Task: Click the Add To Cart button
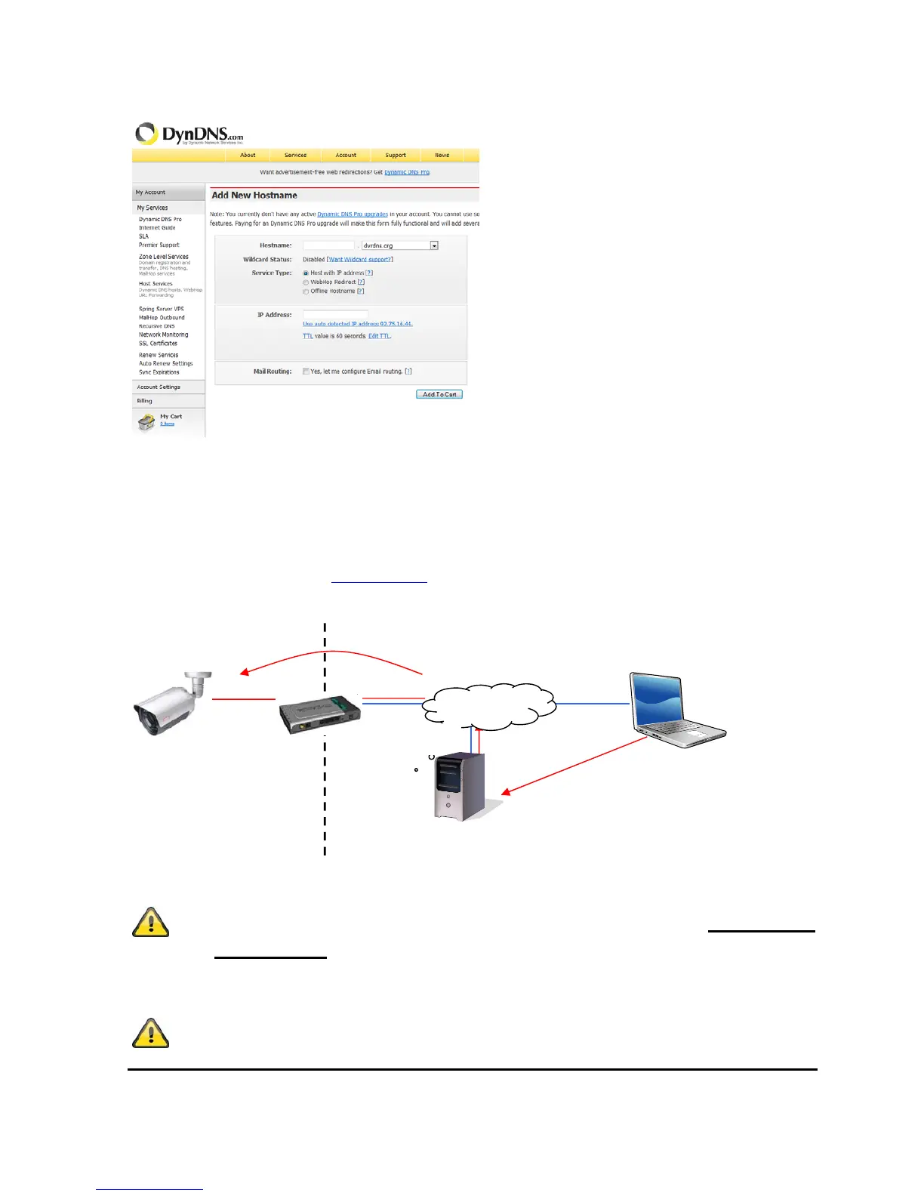(x=439, y=394)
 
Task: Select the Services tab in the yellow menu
(x=295, y=156)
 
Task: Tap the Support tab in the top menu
(x=396, y=156)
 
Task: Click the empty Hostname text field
(x=328, y=245)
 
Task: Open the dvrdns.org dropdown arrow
(x=434, y=245)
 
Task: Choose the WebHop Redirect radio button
(x=306, y=282)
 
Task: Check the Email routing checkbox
(x=306, y=371)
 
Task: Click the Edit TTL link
(x=379, y=336)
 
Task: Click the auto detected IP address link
(x=357, y=324)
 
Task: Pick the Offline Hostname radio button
(x=306, y=291)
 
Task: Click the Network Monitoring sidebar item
(x=163, y=334)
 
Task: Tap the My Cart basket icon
(x=146, y=421)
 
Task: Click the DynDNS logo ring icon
(x=146, y=134)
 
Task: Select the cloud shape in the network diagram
(x=489, y=706)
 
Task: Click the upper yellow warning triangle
(x=150, y=922)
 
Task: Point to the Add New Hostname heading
(x=254, y=195)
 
